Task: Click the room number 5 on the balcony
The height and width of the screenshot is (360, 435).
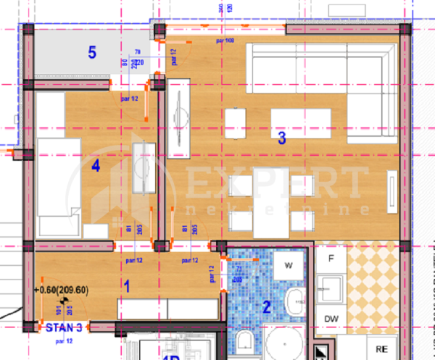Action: click(x=91, y=52)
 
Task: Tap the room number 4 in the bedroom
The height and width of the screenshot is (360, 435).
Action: click(x=95, y=166)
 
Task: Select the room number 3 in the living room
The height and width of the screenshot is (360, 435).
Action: click(x=282, y=135)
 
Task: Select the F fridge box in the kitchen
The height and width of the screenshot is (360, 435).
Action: click(x=331, y=259)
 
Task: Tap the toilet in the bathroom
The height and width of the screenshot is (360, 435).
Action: click(x=244, y=343)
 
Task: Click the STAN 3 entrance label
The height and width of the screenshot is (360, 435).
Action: click(x=64, y=327)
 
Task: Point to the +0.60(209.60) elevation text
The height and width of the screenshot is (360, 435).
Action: click(x=61, y=290)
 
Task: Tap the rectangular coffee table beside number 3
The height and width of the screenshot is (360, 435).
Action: click(x=300, y=118)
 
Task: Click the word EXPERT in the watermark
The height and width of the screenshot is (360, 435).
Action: click(x=276, y=182)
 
